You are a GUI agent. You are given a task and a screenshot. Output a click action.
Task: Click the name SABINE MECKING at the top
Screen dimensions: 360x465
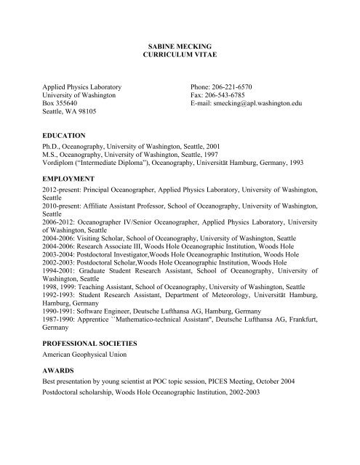pos(180,45)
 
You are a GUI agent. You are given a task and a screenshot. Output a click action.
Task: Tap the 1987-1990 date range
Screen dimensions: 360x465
pos(60,359)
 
